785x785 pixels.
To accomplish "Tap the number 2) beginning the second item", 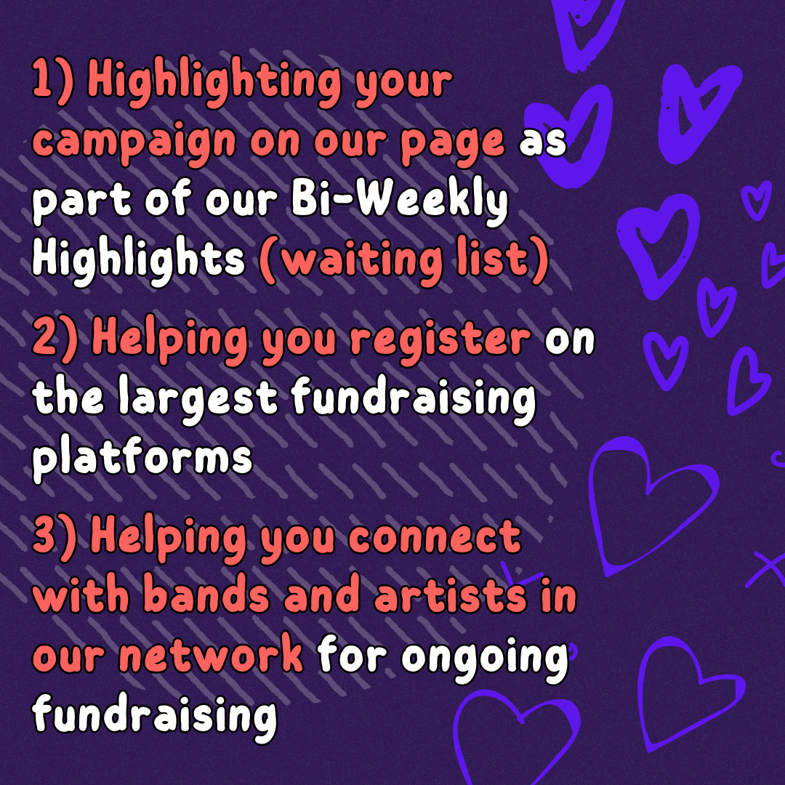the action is click(x=55, y=337).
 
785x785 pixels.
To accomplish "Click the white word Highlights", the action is click(x=138, y=259).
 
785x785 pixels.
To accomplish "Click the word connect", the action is click(x=435, y=536).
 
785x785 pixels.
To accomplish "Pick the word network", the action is click(x=211, y=654).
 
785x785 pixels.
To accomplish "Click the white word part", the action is click(x=81, y=204).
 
